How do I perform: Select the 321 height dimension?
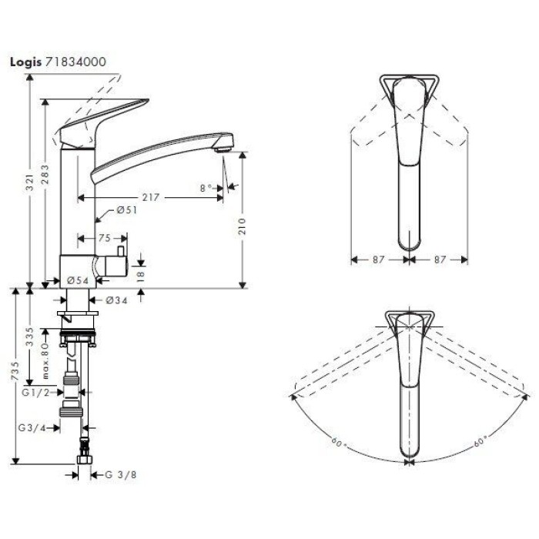pyautogui.click(x=29, y=183)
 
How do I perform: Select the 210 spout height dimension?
pyautogui.click(x=243, y=225)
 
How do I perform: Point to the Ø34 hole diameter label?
pyautogui.click(x=115, y=300)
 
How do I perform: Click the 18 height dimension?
pyautogui.click(x=140, y=275)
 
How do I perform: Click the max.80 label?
pyautogui.click(x=45, y=358)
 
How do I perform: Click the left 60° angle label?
pyautogui.click(x=337, y=442)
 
